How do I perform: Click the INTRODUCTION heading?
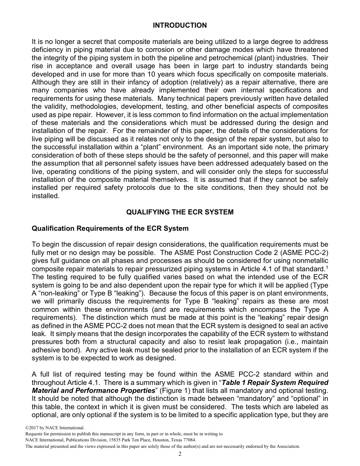click(x=180, y=25)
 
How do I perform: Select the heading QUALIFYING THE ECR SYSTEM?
click(x=180, y=212)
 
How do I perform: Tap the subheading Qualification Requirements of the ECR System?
click(x=110, y=228)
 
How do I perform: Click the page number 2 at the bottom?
click(x=180, y=454)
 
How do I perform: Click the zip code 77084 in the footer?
click(x=188, y=440)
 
